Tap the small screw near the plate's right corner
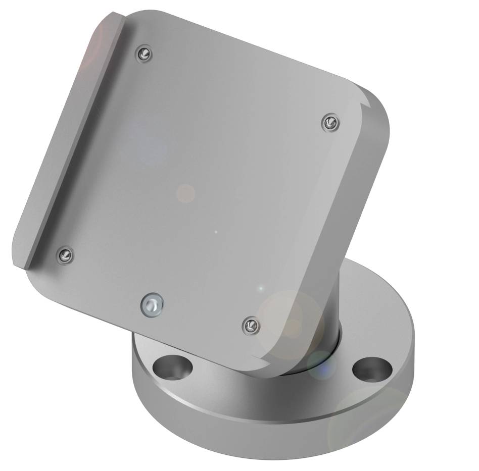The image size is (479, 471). coord(330,122)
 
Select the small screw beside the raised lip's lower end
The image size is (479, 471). coord(65,255)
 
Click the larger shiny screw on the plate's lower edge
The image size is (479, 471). coord(152,305)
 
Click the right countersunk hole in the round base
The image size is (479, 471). coord(372,370)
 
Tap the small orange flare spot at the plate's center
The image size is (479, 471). coord(185,193)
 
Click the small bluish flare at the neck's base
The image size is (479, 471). coord(320,364)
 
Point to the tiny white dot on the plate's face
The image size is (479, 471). coord(216,232)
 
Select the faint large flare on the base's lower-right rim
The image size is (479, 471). coord(364,429)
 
